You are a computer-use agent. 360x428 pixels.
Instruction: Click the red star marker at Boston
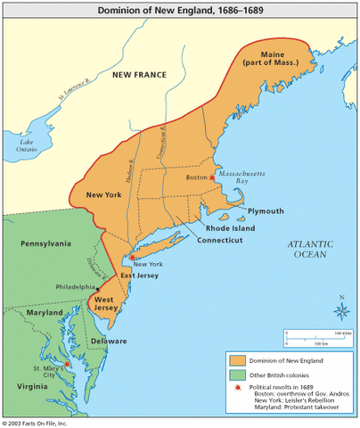pyautogui.click(x=212, y=177)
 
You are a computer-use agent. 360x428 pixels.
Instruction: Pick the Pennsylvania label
pyautogui.click(x=46, y=242)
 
